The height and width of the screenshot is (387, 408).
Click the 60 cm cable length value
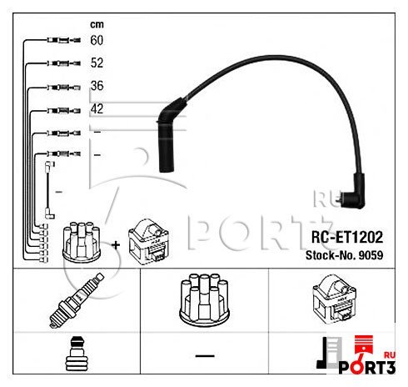pos(97,40)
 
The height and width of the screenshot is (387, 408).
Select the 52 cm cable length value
pos(97,63)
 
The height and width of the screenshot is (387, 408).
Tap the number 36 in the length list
pos(97,86)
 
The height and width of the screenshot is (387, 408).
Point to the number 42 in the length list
pos(97,108)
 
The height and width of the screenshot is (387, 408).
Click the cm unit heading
pos(97,24)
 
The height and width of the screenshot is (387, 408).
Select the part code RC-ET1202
pos(347,237)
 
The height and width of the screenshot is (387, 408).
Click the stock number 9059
pos(371,255)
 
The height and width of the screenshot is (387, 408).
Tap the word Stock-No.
pos(331,255)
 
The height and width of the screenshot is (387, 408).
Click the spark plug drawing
pos(77,300)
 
